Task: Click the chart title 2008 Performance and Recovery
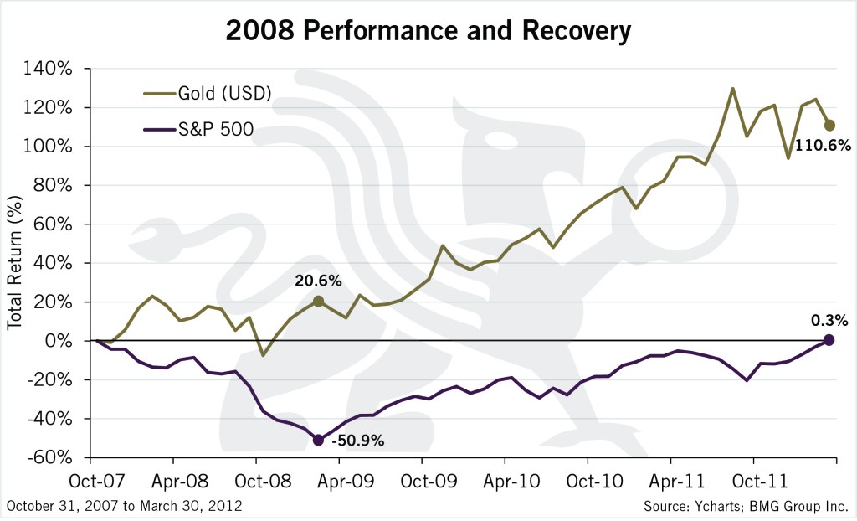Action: click(x=427, y=31)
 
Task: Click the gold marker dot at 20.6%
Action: click(x=318, y=302)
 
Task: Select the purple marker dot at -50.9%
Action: click(x=318, y=440)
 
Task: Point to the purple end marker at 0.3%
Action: click(x=829, y=339)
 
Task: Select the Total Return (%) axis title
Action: click(x=16, y=263)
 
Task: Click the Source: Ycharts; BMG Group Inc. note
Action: click(x=747, y=507)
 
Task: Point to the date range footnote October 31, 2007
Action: click(x=124, y=507)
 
